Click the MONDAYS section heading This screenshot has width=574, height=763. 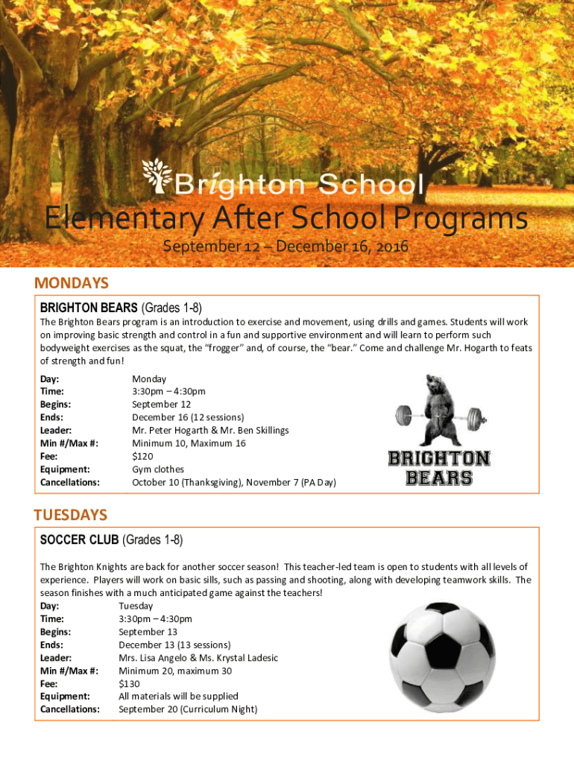tap(72, 283)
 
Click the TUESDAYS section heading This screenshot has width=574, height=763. tap(71, 515)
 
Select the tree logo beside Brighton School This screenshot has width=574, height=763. tap(157, 176)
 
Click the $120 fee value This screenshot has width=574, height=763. tap(142, 456)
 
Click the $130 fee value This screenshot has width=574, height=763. tap(129, 683)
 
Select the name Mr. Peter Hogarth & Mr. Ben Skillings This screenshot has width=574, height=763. tap(210, 430)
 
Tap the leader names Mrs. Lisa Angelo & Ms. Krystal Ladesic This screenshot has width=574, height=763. tap(198, 658)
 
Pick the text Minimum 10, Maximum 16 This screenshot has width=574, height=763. tap(189, 443)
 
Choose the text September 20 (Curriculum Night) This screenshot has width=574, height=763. tap(188, 709)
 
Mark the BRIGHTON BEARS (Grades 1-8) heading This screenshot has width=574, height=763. tap(121, 308)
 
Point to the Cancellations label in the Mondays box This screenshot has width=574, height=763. tap(70, 482)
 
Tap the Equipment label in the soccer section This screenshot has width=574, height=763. tap(66, 697)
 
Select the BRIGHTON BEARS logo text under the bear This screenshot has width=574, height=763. tap(439, 468)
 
